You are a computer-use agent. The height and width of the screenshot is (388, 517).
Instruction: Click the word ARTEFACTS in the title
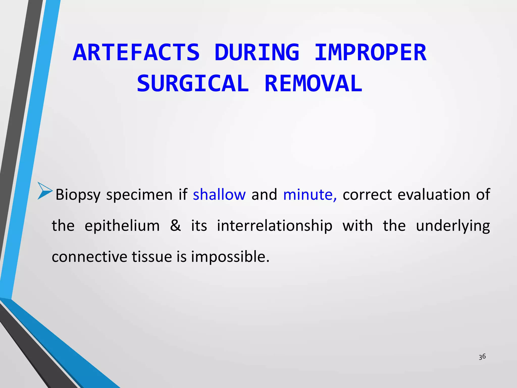pyautogui.click(x=136, y=53)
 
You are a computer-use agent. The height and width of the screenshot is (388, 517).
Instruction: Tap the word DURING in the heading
pyautogui.click(x=257, y=53)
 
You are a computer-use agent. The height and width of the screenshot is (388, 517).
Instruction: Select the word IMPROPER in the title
pyautogui.click(x=370, y=53)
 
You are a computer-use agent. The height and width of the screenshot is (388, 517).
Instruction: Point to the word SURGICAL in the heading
pyautogui.click(x=193, y=84)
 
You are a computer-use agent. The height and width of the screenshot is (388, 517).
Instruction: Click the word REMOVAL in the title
pyautogui.click(x=313, y=84)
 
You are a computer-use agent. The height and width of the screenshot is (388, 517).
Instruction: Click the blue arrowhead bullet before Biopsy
pyautogui.click(x=45, y=191)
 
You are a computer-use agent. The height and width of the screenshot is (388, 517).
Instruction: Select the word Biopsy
pyautogui.click(x=78, y=195)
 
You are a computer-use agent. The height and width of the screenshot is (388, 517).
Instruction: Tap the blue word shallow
pyautogui.click(x=219, y=195)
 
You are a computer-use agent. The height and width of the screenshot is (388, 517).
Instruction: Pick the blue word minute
pyautogui.click(x=309, y=195)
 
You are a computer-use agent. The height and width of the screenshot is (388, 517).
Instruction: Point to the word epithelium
pyautogui.click(x=122, y=226)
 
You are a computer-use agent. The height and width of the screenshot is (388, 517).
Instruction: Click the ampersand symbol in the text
pyautogui.click(x=175, y=226)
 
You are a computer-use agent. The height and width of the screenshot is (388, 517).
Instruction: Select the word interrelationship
pyautogui.click(x=274, y=226)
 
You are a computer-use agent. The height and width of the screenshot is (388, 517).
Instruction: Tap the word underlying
pyautogui.click(x=453, y=226)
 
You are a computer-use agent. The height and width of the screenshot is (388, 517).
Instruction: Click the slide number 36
pyautogui.click(x=482, y=357)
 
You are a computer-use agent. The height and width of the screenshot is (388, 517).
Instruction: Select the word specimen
pyautogui.click(x=139, y=195)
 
